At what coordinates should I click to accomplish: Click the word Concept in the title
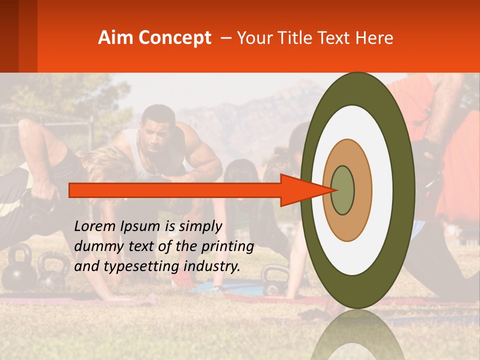[174, 38]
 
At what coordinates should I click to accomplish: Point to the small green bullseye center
[343, 190]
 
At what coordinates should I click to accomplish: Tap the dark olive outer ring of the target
[405, 190]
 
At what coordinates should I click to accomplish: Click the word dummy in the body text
[95, 246]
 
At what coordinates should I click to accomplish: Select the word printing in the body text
[227, 246]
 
